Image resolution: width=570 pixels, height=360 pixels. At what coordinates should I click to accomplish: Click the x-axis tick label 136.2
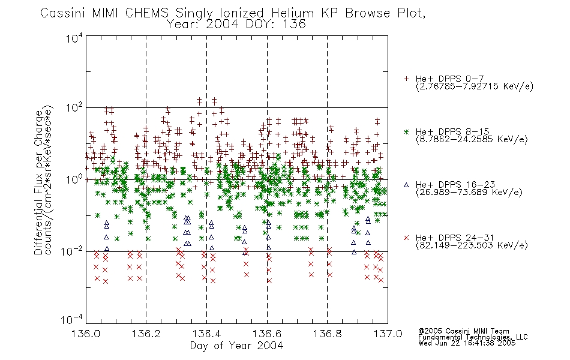pyautogui.click(x=146, y=334)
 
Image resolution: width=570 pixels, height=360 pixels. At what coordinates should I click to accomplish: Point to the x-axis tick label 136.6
pyautogui.click(x=267, y=334)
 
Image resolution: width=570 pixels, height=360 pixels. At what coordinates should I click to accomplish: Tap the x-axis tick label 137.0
pyautogui.click(x=388, y=334)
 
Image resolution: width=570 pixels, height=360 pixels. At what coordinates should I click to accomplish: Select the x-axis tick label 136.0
pyautogui.click(x=86, y=334)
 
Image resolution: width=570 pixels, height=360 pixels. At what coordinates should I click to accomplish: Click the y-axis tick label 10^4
pyautogui.click(x=74, y=38)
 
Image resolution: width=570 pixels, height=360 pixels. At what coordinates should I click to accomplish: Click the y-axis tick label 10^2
pyautogui.click(x=74, y=107)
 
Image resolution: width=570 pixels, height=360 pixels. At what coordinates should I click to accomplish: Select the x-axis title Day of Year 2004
pyautogui.click(x=236, y=346)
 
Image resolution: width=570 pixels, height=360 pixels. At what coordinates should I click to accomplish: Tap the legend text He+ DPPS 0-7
pyautogui.click(x=449, y=79)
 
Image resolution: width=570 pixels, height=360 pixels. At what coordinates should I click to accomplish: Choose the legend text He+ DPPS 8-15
pyautogui.click(x=452, y=131)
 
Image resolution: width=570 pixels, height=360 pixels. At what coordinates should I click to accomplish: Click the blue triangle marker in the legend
pyautogui.click(x=406, y=185)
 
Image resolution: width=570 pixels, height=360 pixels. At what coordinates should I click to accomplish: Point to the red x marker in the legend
pyautogui.click(x=406, y=238)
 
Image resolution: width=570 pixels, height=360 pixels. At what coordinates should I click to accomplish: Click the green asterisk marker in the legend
pyautogui.click(x=406, y=131)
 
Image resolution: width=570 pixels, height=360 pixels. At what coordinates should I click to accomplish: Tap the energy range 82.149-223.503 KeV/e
pyautogui.click(x=472, y=245)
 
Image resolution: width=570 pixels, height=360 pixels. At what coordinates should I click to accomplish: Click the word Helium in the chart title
pyautogui.click(x=293, y=13)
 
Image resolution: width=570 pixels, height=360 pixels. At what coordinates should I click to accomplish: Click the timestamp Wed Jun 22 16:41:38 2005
pyautogui.click(x=467, y=343)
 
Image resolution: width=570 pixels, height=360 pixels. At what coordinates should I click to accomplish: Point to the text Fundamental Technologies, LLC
pyautogui.click(x=473, y=337)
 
